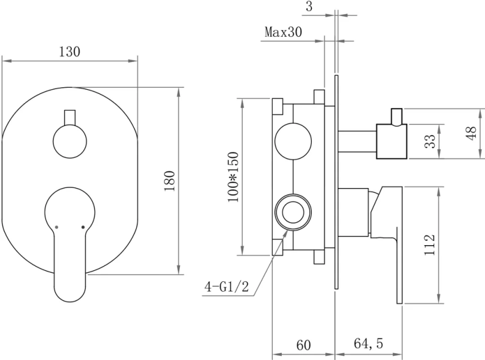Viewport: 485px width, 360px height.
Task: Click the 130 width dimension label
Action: click(69, 52)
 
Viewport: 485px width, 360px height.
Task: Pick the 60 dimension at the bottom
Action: click(304, 345)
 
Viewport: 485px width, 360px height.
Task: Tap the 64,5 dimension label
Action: click(368, 345)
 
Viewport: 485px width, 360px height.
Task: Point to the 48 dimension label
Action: click(471, 133)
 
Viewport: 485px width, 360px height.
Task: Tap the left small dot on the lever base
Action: click(56, 227)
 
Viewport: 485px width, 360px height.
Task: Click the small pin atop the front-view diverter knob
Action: click(69, 117)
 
